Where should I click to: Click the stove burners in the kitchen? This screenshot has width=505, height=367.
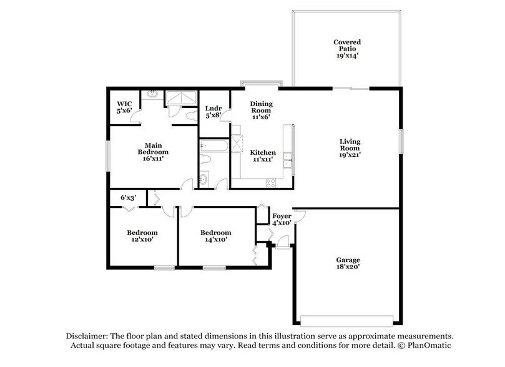pyautogui.click(x=272, y=183)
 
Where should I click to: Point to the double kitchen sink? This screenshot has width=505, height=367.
pyautogui.click(x=288, y=160)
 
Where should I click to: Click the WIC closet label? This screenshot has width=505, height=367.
pyautogui.click(x=124, y=107)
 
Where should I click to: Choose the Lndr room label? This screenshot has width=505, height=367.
pyautogui.click(x=213, y=112)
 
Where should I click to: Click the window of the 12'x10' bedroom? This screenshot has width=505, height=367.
pyautogui.click(x=164, y=268)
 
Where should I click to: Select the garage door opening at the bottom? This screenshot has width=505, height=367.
pyautogui.click(x=346, y=323)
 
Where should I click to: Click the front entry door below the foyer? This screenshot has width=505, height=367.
pyautogui.click(x=283, y=245)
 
